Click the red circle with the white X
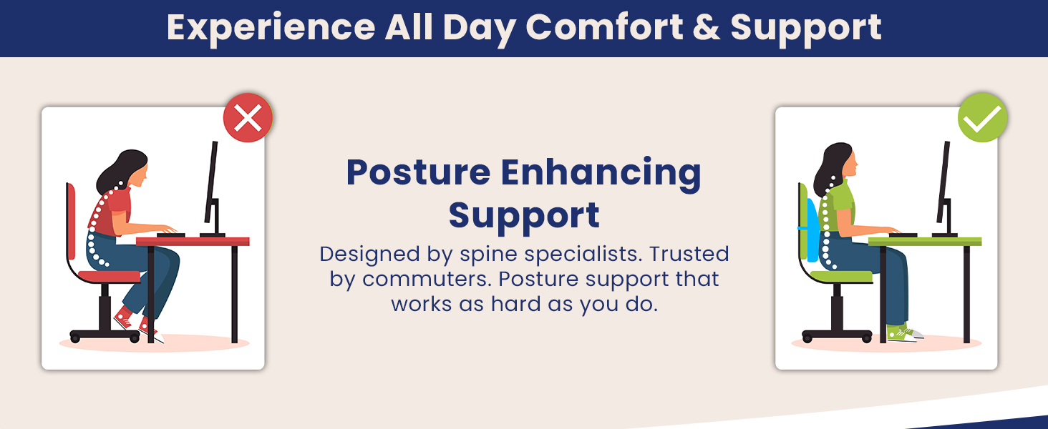coord(248,118)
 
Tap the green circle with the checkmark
coord(982,118)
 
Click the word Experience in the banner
coord(271,28)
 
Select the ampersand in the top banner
coord(707,27)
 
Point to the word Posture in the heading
coord(418,173)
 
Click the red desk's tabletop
coord(193,241)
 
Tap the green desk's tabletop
coord(925,241)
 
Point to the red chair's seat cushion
coord(109,277)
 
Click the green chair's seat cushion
coord(841,277)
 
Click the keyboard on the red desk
coord(170,235)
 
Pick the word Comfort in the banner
coord(604,27)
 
